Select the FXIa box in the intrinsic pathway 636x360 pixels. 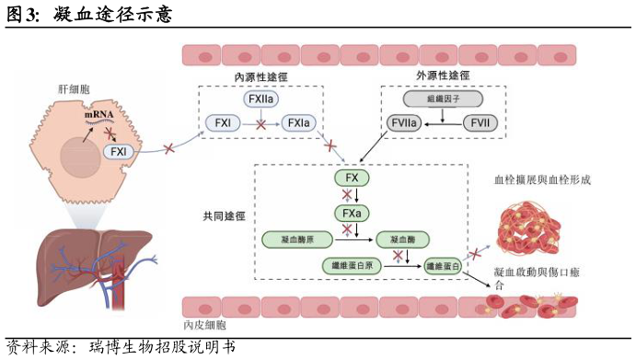click(x=298, y=122)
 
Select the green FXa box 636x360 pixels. click(x=352, y=214)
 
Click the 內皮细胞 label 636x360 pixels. click(x=207, y=325)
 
